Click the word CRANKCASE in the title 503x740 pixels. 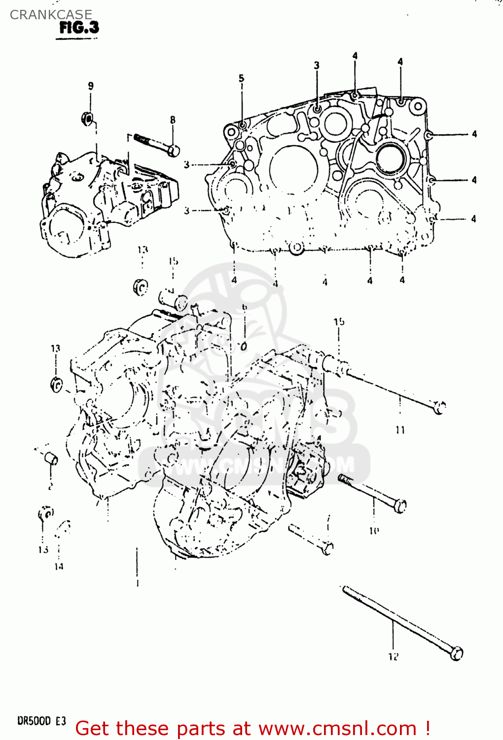tap(51, 15)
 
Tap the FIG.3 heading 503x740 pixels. tap(79, 28)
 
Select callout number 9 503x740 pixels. tap(91, 86)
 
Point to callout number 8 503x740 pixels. tap(173, 120)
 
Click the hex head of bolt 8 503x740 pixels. tap(173, 150)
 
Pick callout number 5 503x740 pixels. tap(242, 78)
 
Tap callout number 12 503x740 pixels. tap(393, 657)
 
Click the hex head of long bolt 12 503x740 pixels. tap(457, 653)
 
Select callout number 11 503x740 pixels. tap(400, 430)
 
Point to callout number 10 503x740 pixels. tap(374, 531)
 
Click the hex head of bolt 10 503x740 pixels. tap(401, 506)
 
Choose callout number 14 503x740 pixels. tap(59, 566)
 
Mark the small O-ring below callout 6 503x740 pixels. tap(244, 346)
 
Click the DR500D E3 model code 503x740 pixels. tap(41, 721)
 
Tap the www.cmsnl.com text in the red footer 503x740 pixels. tap(337, 728)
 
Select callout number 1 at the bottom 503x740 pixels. tap(137, 583)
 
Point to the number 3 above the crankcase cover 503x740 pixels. tap(317, 65)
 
